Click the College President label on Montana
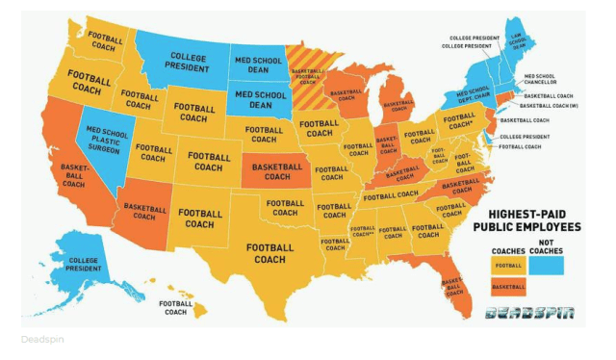[x=188, y=61]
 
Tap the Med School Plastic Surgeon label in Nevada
[x=108, y=141]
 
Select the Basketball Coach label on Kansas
[x=276, y=171]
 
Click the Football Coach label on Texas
[x=269, y=253]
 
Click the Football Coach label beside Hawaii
[x=175, y=307]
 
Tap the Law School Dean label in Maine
[x=517, y=39]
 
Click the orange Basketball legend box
[x=509, y=286]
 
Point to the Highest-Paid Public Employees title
[x=527, y=220]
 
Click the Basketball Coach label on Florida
[x=450, y=288]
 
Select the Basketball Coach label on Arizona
[x=145, y=211]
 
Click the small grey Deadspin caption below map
[x=39, y=340]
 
